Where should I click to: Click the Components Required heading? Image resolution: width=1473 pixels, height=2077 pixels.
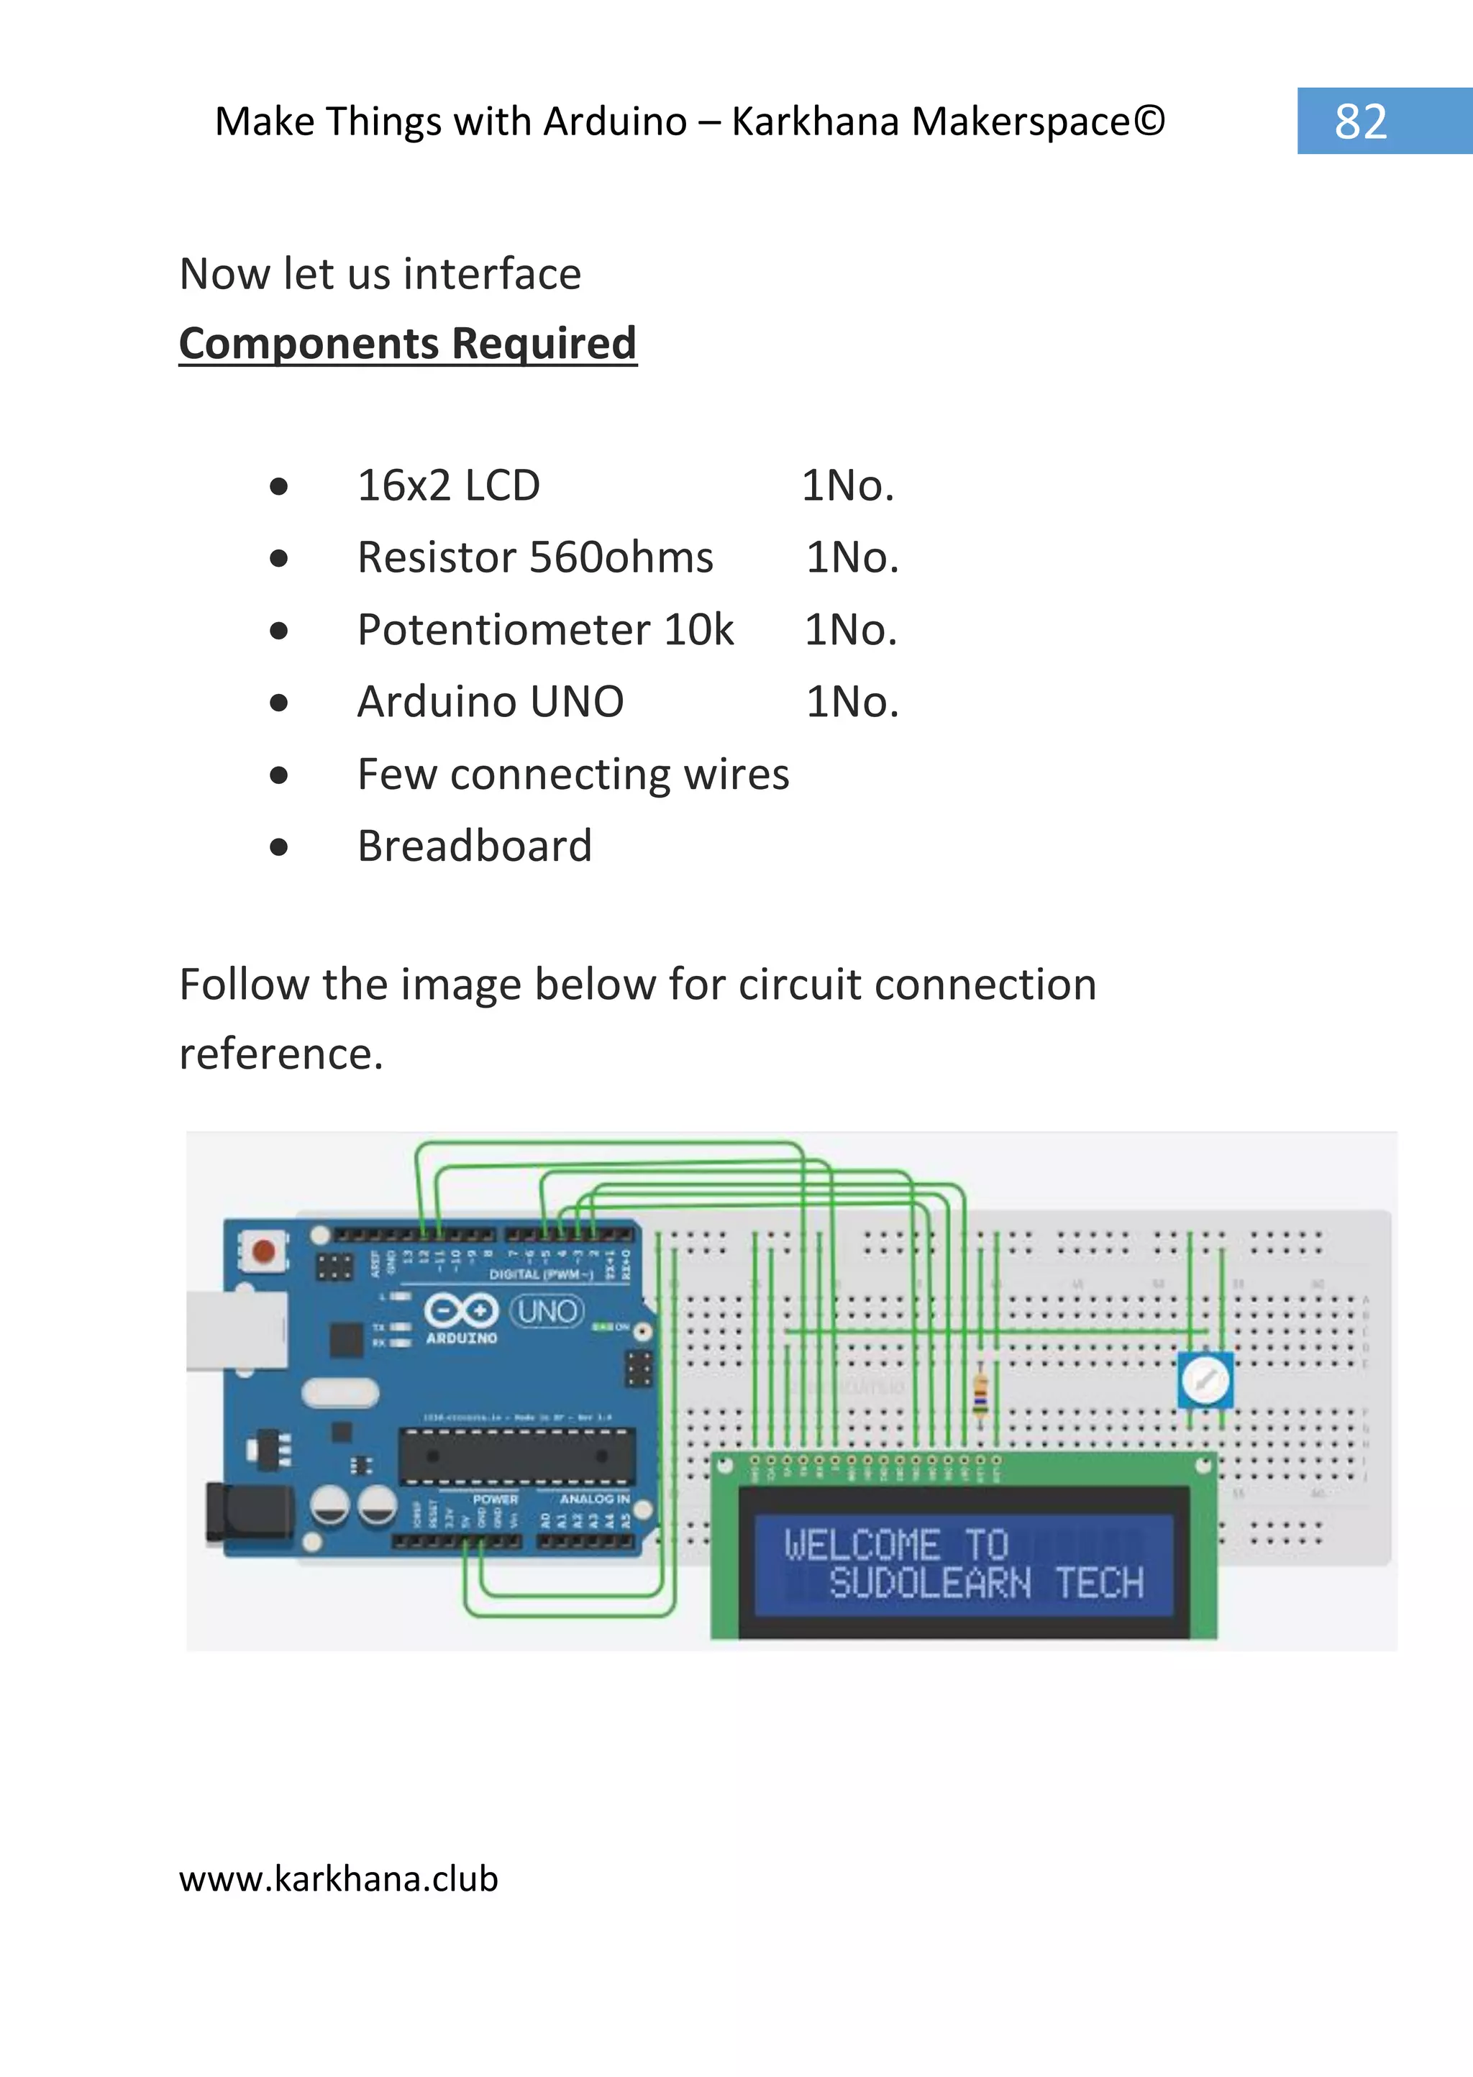pos(407,344)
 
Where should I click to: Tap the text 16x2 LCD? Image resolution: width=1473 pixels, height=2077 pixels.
pos(448,485)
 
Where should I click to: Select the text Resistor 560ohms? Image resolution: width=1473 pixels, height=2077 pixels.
pos(535,557)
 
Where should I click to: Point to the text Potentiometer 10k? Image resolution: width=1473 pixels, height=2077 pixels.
pos(545,629)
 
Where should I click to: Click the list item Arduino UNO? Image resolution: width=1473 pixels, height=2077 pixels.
pos(490,701)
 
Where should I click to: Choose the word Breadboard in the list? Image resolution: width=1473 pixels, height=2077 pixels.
pos(475,846)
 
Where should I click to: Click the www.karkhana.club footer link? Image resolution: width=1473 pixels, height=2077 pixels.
pos(338,1878)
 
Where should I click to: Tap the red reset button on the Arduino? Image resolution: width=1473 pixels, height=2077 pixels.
pos(264,1251)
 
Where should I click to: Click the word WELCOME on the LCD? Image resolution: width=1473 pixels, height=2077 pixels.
pos(861,1545)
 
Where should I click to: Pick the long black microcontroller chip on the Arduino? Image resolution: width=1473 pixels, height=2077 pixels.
pos(517,1456)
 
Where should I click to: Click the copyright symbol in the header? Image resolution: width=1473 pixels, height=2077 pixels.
pos(1149,121)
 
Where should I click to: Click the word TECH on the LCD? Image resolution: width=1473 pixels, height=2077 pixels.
pos(1098,1584)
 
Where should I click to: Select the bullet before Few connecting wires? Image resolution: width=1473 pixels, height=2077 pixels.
pos(278,775)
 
